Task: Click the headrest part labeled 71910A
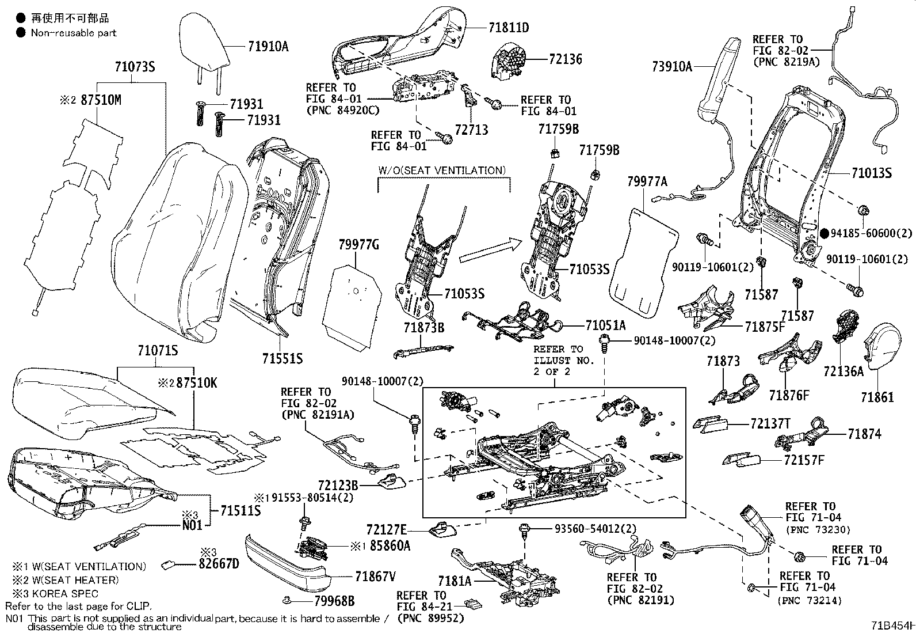tap(204, 40)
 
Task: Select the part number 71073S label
tap(135, 66)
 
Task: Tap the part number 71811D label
tap(509, 27)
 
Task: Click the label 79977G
tap(358, 245)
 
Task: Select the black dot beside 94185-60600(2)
tap(825, 233)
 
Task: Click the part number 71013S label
tap(871, 173)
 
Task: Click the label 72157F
tap(803, 460)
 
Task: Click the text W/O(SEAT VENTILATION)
tap(442, 170)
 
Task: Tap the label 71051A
tap(605, 325)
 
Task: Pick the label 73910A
tap(672, 66)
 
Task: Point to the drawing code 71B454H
tap(892, 626)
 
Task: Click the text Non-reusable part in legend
tap(74, 33)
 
